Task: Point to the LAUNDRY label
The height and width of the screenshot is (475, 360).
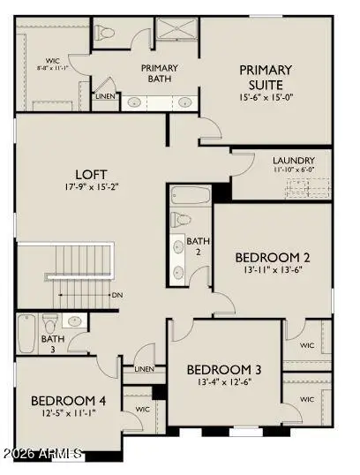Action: pyautogui.click(x=295, y=161)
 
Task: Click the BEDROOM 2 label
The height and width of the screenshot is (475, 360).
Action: pyautogui.click(x=272, y=257)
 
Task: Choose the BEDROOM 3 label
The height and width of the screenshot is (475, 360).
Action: pyautogui.click(x=223, y=369)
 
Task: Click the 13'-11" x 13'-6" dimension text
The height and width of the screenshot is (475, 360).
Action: pyautogui.click(x=272, y=271)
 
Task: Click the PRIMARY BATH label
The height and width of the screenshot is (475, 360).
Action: pyautogui.click(x=160, y=73)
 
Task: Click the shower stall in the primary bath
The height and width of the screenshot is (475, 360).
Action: pyautogui.click(x=177, y=28)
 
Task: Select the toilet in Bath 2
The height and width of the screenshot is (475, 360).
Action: pyautogui.click(x=182, y=218)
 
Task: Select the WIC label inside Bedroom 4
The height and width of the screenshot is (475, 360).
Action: pyautogui.click(x=141, y=410)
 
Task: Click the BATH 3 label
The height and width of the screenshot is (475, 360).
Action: pyautogui.click(x=53, y=343)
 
